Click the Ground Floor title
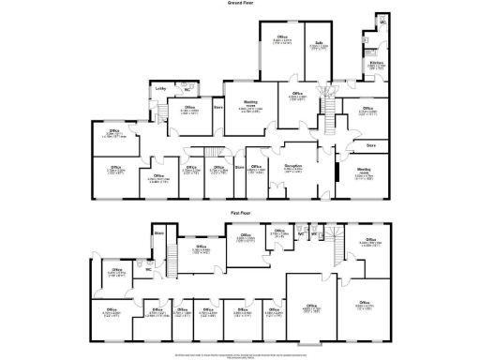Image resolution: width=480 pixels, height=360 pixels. point(240,4)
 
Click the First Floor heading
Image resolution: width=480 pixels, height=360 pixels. point(240,215)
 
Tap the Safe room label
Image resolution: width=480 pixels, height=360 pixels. point(319,43)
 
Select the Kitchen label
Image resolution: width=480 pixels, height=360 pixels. point(375,64)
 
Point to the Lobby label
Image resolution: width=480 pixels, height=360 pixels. point(160,89)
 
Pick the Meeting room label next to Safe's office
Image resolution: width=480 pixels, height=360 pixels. point(250,102)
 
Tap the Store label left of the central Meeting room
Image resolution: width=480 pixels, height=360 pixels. point(217,108)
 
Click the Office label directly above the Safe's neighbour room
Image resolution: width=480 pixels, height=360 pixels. point(280,38)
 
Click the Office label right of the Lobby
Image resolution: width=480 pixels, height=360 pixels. point(189,109)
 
